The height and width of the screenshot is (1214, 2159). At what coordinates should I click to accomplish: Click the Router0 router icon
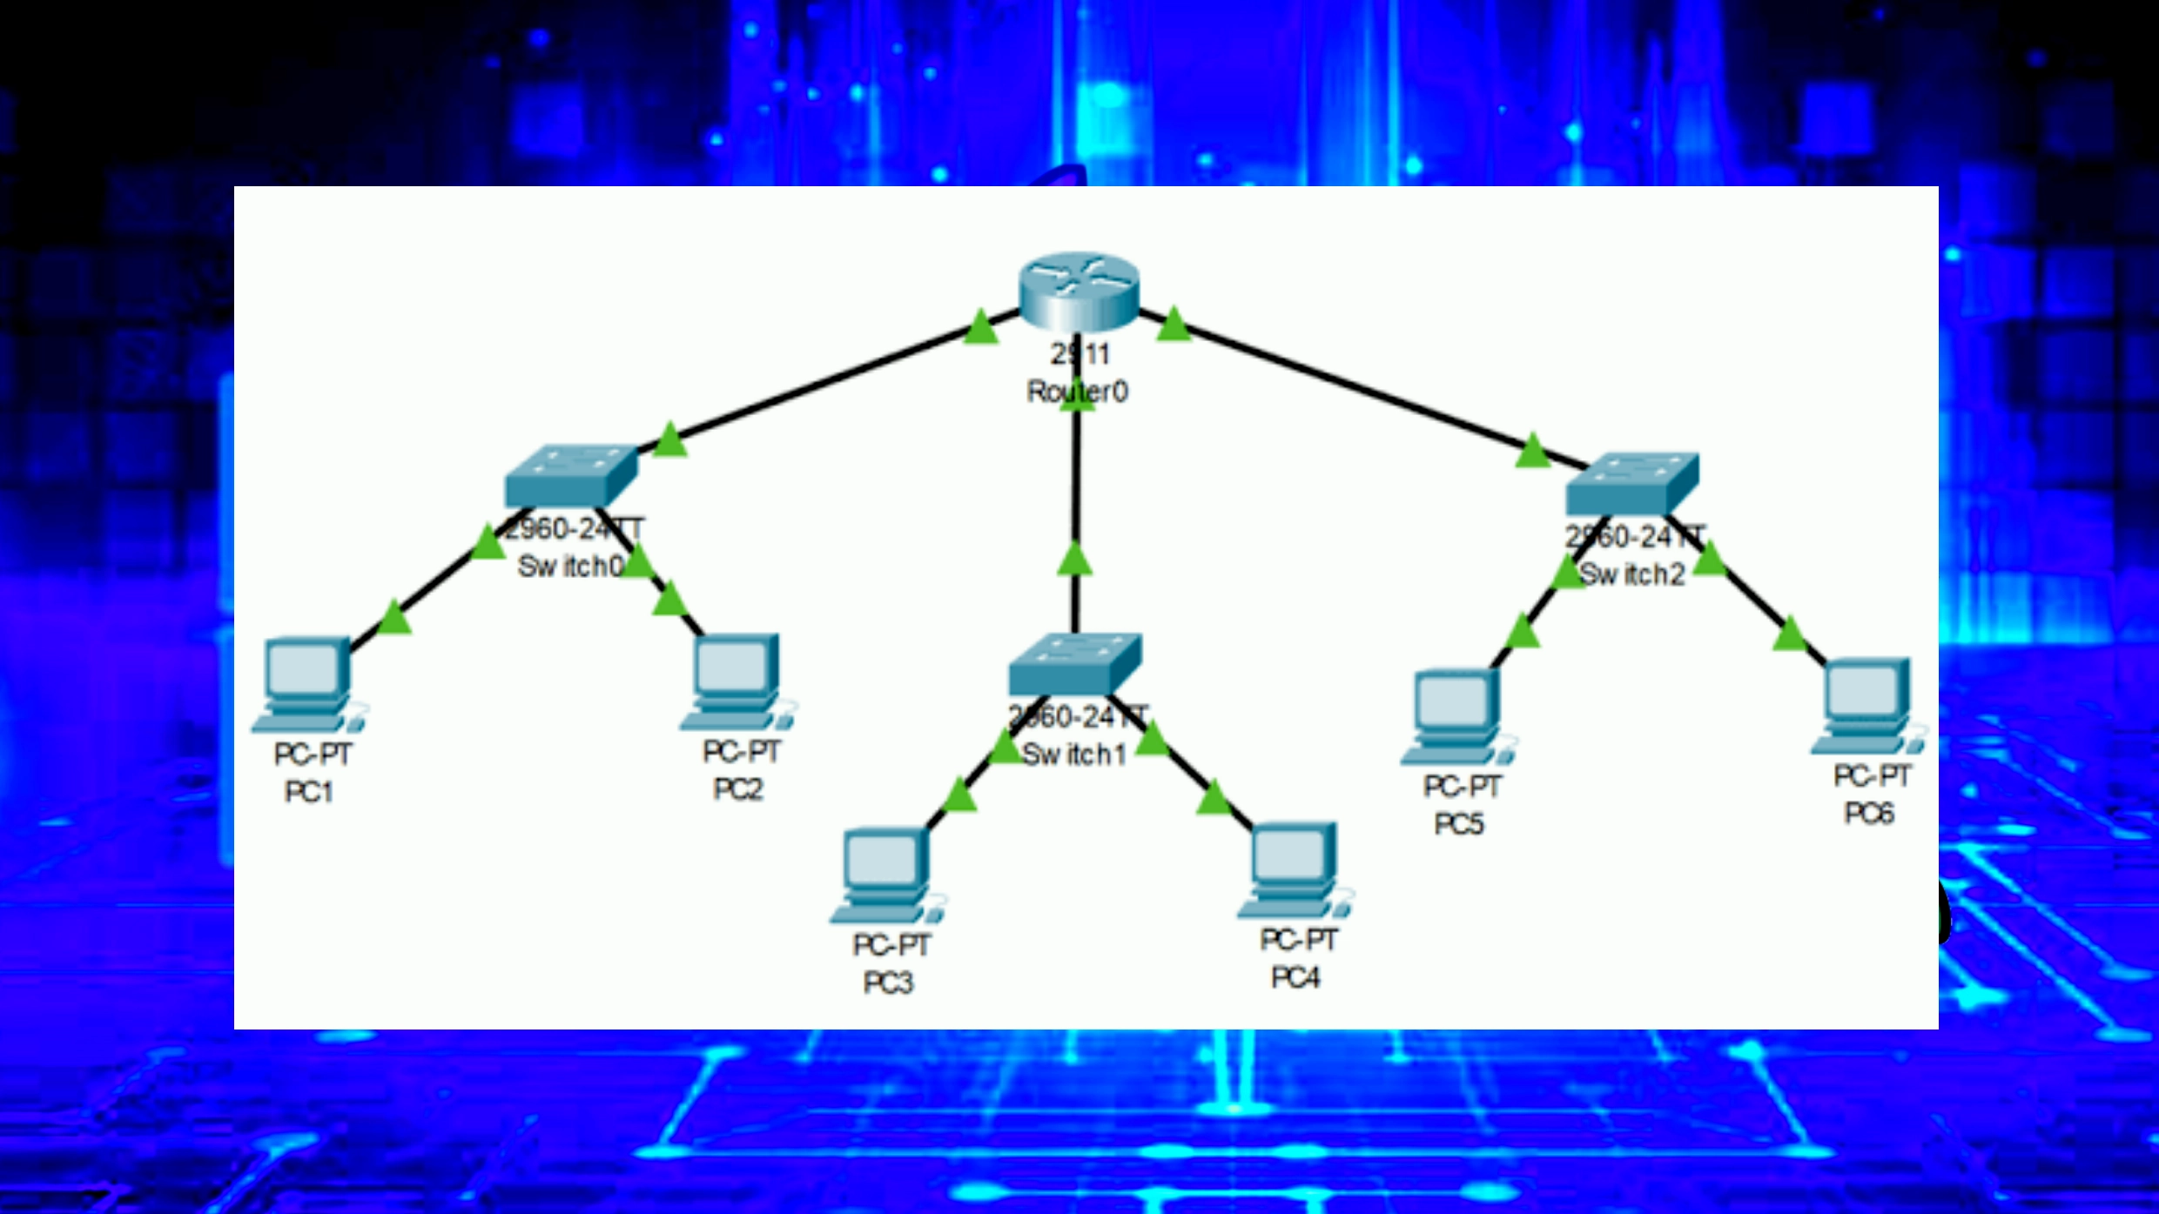1079,291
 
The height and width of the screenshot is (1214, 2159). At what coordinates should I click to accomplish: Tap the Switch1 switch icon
1074,663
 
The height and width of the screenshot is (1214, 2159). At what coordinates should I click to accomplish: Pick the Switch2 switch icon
1631,483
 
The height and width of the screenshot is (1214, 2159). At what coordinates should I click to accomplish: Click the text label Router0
1078,392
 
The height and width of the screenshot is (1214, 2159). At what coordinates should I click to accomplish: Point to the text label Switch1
1074,755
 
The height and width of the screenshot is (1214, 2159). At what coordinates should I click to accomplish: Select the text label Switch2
1632,574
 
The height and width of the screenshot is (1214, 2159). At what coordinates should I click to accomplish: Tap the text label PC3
888,983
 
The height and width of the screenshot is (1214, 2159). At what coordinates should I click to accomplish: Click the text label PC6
1869,813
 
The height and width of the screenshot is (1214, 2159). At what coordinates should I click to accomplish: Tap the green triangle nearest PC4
1213,799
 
